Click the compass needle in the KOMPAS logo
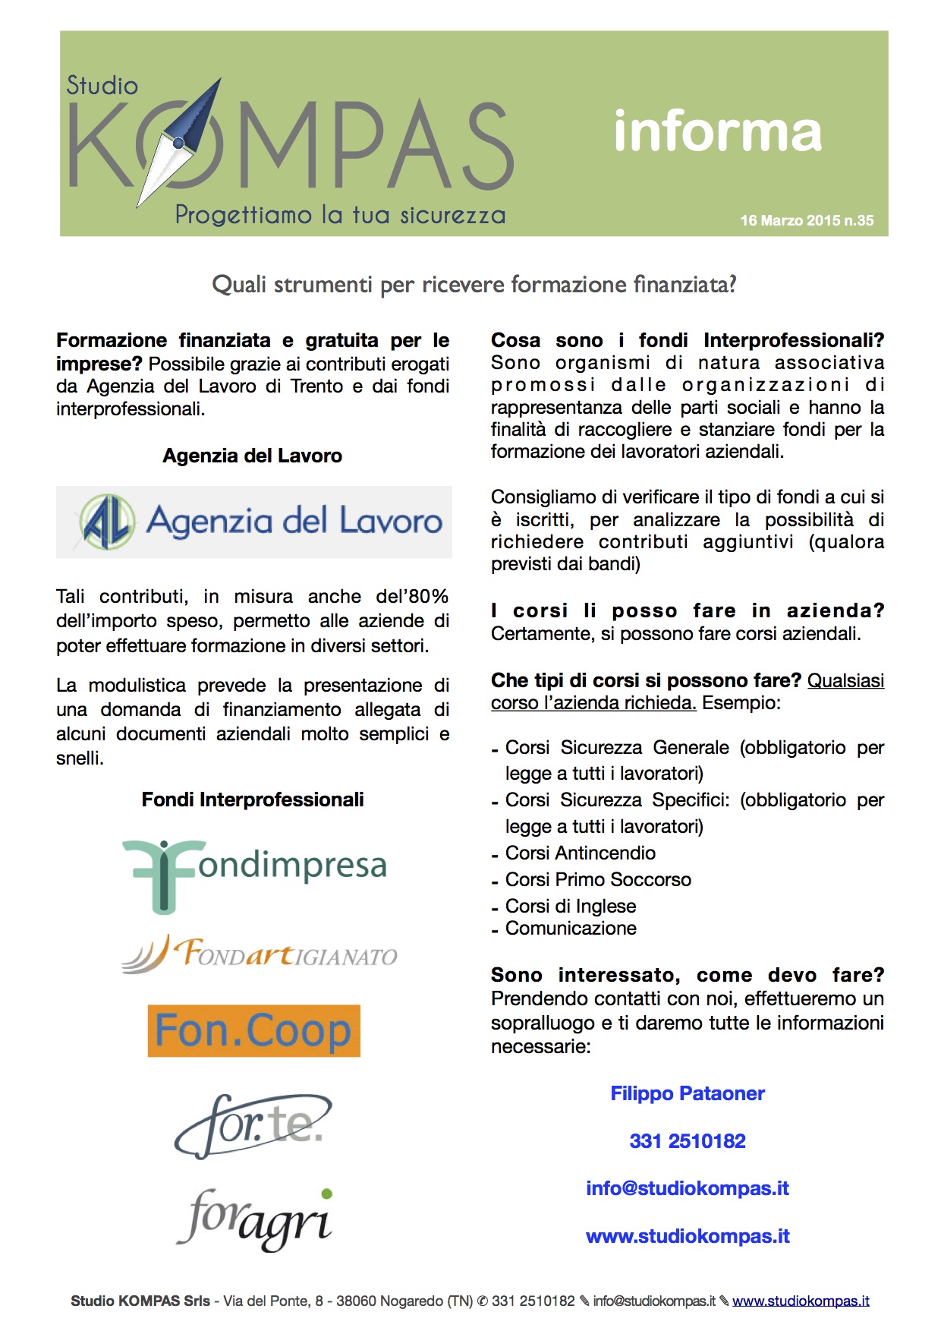179,141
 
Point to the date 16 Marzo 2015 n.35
807,220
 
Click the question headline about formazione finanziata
474,285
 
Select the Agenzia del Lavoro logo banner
254,522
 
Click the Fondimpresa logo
255,875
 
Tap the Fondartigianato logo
259,954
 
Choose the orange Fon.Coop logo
253,1031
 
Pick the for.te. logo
253,1125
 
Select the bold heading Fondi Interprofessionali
253,800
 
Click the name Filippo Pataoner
688,1093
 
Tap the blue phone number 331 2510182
688,1141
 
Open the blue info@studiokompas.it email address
688,1188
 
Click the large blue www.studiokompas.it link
688,1236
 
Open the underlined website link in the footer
801,1301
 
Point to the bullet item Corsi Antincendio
581,853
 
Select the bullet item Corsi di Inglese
571,906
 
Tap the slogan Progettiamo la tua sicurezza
340,215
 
